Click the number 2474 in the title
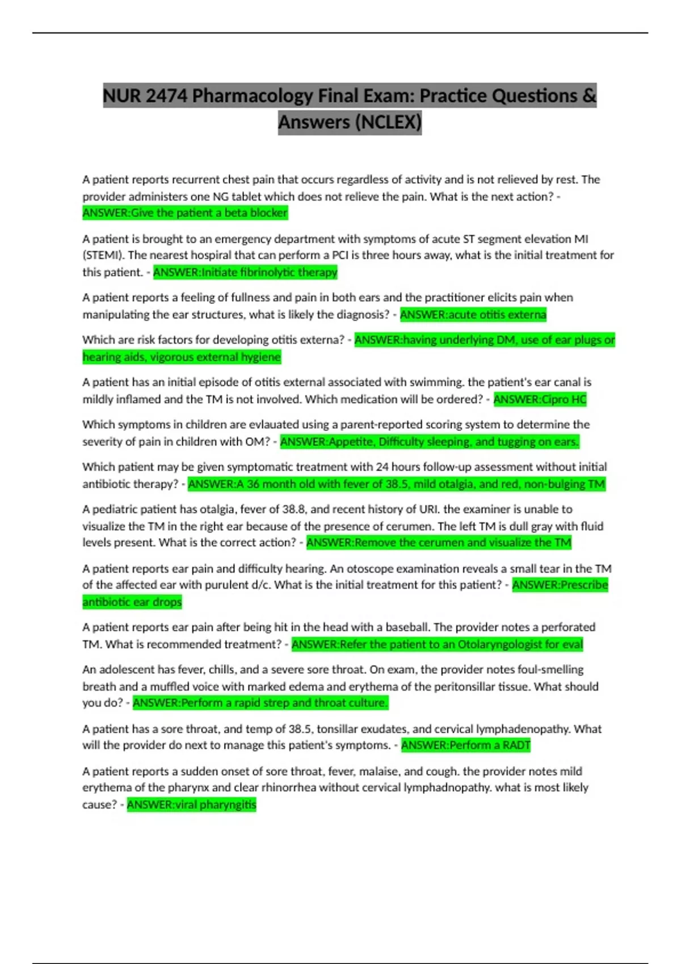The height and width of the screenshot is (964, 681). (166, 96)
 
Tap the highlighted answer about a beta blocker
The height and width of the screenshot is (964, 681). (185, 213)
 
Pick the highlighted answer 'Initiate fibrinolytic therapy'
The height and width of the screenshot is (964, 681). (245, 272)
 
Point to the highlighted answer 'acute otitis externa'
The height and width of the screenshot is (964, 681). (473, 315)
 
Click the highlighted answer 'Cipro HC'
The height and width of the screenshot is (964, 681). (540, 399)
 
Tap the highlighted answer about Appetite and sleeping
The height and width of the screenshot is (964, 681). (430, 442)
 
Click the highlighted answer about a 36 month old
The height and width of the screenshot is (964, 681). (397, 484)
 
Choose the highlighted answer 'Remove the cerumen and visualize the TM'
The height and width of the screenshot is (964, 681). (439, 543)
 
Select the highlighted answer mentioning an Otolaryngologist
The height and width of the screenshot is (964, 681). (437, 644)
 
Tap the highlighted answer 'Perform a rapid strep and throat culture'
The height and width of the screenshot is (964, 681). (260, 703)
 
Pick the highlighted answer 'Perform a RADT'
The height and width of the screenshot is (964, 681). (465, 745)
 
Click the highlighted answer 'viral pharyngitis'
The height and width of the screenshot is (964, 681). (191, 805)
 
